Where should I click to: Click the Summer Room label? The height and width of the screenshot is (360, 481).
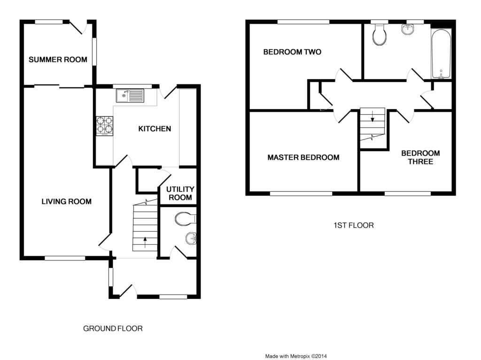click(58, 60)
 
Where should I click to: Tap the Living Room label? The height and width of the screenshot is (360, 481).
click(67, 202)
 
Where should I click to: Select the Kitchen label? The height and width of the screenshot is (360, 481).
click(155, 129)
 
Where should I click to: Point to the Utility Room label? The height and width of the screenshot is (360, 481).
click(180, 193)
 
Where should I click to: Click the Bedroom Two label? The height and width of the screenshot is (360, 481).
click(292, 52)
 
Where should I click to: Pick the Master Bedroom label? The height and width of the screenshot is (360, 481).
click(303, 157)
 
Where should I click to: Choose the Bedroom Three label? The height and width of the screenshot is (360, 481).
click(420, 157)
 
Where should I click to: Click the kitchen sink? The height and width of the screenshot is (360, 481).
click(130, 95)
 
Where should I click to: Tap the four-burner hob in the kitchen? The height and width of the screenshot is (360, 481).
click(105, 126)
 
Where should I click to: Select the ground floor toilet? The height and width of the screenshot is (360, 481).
click(185, 219)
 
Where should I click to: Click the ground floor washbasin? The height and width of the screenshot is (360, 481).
click(191, 238)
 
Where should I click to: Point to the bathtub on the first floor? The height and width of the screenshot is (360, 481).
click(441, 54)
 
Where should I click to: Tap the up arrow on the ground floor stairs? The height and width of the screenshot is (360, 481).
click(145, 242)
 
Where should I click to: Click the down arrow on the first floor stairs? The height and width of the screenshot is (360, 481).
click(372, 116)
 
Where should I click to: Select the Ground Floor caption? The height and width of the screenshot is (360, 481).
click(113, 329)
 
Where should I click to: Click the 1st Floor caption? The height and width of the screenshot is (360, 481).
click(354, 226)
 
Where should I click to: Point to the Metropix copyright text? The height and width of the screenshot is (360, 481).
click(296, 356)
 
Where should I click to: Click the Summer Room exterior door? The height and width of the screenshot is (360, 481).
click(78, 27)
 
